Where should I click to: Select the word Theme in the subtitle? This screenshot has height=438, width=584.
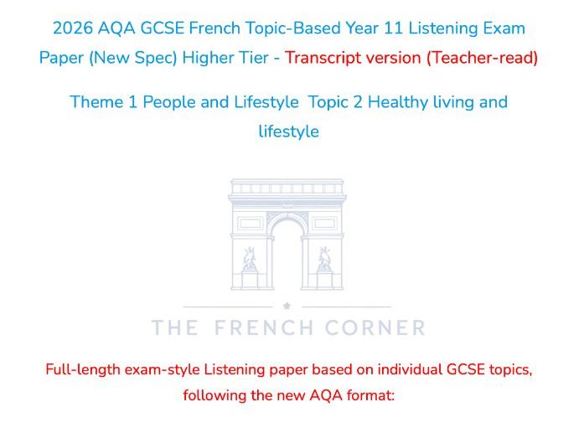click(94, 102)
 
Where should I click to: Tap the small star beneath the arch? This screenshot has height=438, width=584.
click(287, 307)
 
